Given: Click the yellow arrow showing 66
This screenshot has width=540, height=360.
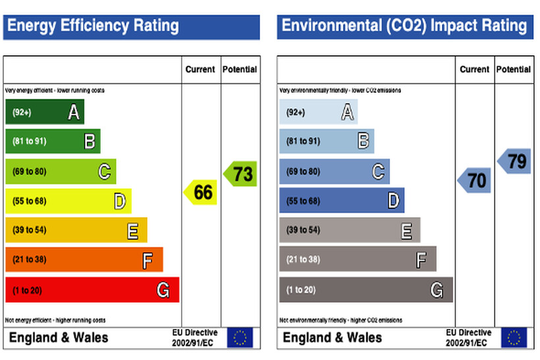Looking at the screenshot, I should click(x=201, y=192).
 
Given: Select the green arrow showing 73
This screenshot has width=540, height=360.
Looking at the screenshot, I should click(x=240, y=174).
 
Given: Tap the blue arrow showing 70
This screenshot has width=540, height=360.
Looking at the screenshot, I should click(x=474, y=180).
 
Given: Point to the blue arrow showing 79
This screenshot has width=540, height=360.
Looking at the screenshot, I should click(x=514, y=161).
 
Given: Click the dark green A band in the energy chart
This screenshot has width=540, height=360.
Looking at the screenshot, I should click(x=44, y=112).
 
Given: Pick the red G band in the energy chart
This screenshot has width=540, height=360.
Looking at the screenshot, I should click(x=92, y=290).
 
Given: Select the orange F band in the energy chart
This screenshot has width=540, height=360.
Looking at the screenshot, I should click(x=84, y=259).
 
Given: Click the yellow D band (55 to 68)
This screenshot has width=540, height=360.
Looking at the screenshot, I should click(x=68, y=201).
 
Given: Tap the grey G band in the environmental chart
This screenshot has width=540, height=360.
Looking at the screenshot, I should click(x=365, y=290).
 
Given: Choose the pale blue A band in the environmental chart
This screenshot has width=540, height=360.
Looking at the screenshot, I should click(x=318, y=112).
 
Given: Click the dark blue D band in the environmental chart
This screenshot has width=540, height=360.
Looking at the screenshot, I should click(x=342, y=201).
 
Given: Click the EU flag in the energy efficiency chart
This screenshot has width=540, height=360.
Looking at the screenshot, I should click(x=240, y=338).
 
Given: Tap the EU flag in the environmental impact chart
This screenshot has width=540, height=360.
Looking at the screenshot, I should click(x=514, y=338).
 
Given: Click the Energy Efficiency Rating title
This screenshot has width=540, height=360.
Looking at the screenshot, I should click(x=93, y=26).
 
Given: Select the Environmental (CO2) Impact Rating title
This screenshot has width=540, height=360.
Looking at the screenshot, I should click(x=404, y=26).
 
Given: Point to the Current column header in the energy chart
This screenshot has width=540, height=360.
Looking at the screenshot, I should click(x=200, y=69).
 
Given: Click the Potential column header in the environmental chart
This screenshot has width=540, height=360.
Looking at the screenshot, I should click(x=514, y=69).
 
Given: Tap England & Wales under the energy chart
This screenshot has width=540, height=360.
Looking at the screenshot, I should click(x=58, y=338).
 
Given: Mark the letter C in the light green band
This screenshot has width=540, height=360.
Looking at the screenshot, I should click(x=104, y=172).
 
